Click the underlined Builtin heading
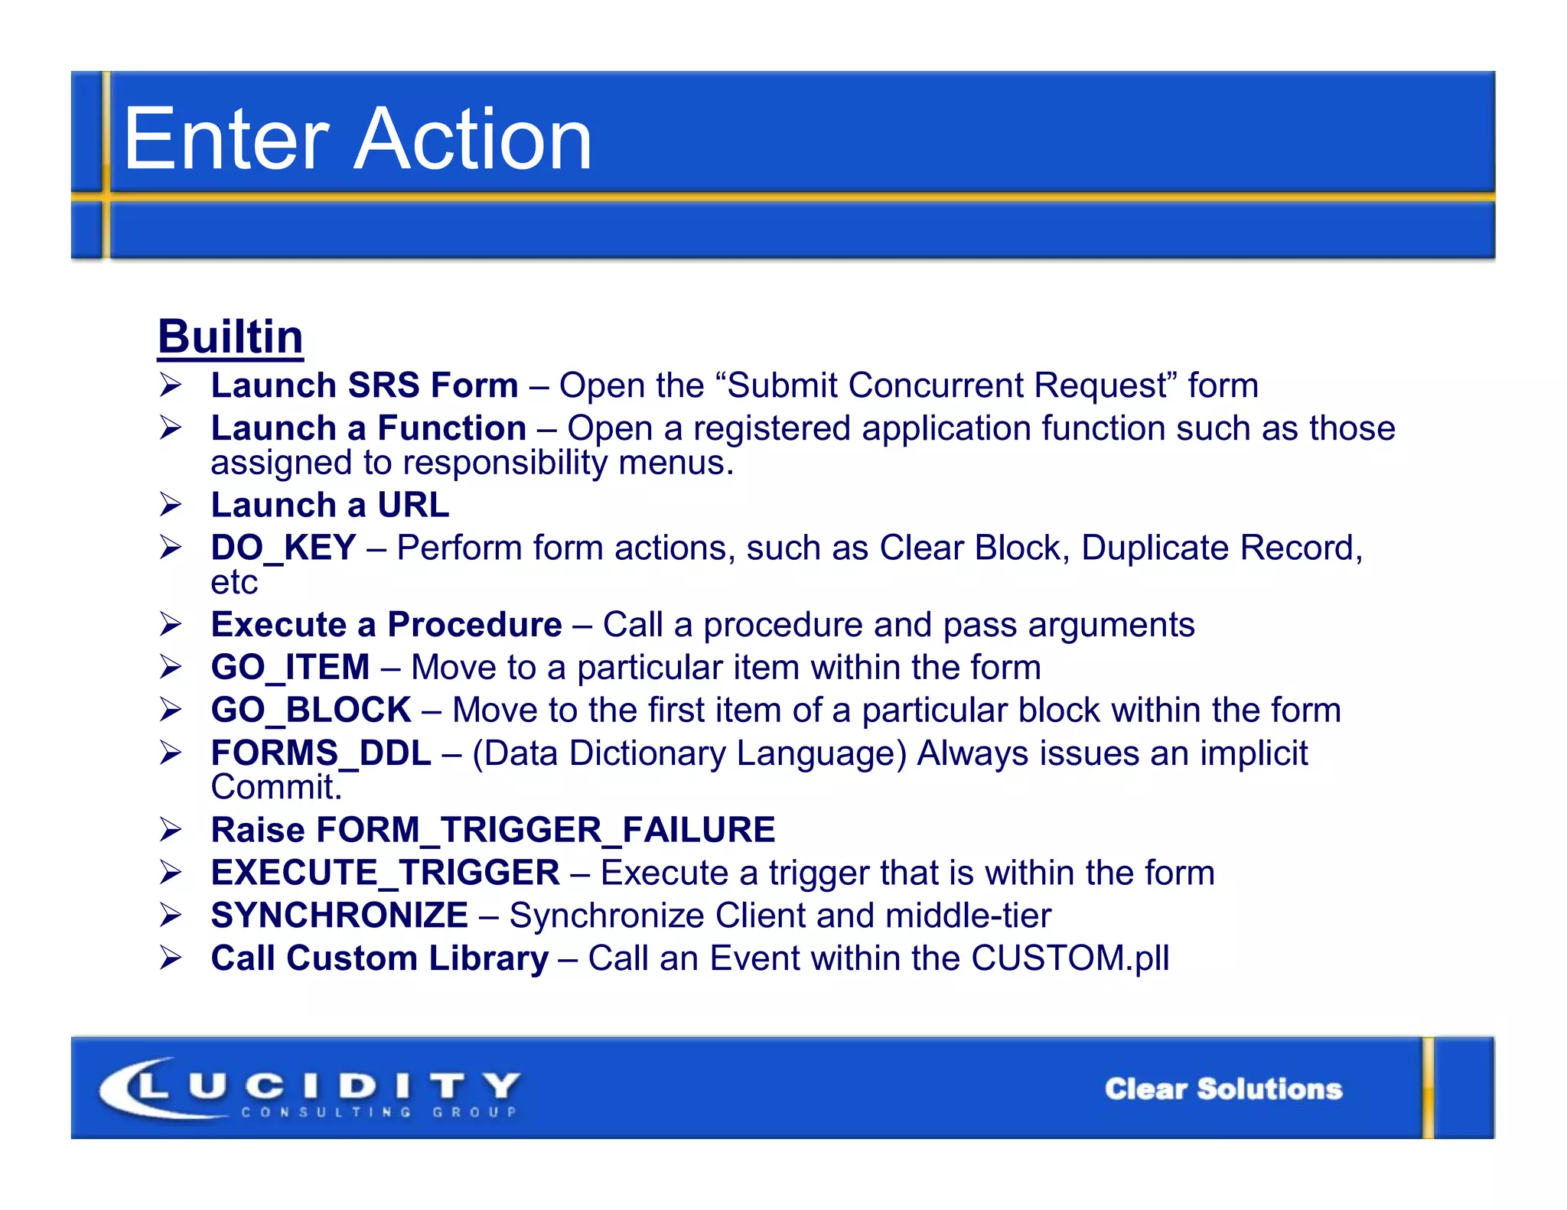pos(230,337)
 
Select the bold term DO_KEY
pos(283,548)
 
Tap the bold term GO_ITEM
pos(290,667)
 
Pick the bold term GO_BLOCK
pos(311,710)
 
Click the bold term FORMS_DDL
pos(321,753)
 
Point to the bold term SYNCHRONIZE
pos(339,916)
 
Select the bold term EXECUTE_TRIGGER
pos(385,873)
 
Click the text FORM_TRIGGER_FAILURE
pos(545,830)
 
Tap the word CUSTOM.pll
pos(1070,958)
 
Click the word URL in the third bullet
pos(413,505)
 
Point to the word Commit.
pos(275,787)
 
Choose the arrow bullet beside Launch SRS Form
pos(171,385)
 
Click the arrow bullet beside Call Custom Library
pos(171,958)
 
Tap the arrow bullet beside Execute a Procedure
pos(171,624)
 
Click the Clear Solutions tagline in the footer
pos(1223,1088)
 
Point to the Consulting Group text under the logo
pos(380,1112)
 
